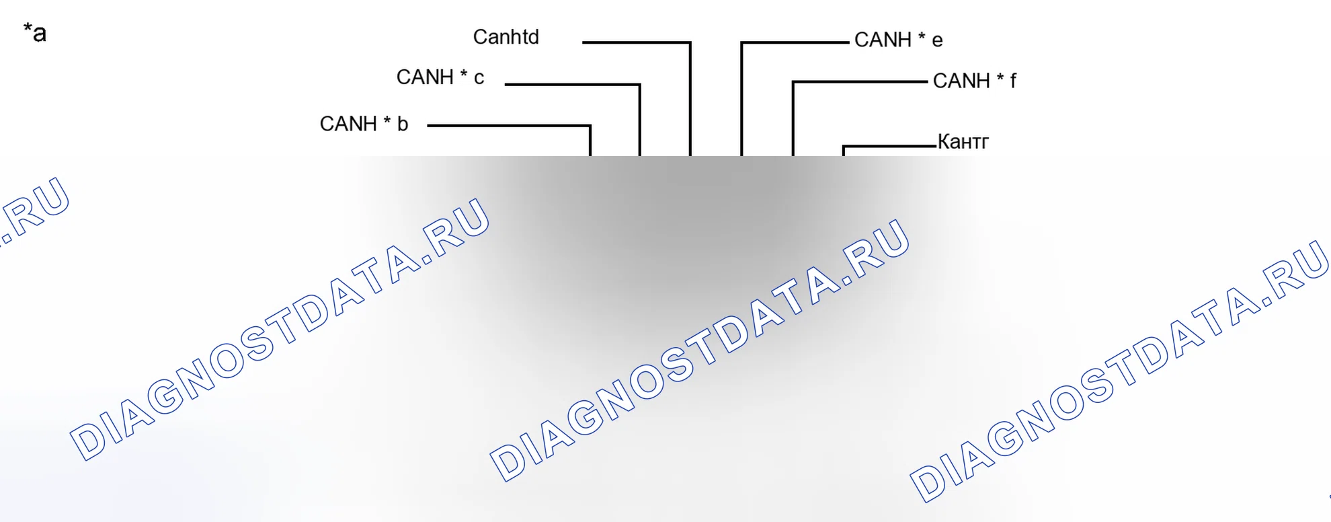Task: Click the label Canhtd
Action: pyautogui.click(x=506, y=36)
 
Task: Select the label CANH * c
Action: pyautogui.click(x=440, y=77)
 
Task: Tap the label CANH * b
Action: pyautogui.click(x=364, y=124)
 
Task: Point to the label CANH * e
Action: pyautogui.click(x=898, y=40)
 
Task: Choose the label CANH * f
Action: pyautogui.click(x=974, y=81)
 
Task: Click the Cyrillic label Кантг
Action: pyautogui.click(x=963, y=141)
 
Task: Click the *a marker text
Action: pyautogui.click(x=34, y=32)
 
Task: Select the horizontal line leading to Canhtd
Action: pyautogui.click(x=636, y=42)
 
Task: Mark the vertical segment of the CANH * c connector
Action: pyautogui.click(x=640, y=120)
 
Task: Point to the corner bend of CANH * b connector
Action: pyautogui.click(x=590, y=126)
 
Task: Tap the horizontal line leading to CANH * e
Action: pyautogui.click(x=795, y=42)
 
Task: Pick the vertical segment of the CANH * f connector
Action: pyautogui.click(x=793, y=118)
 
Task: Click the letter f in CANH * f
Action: pyautogui.click(x=1013, y=81)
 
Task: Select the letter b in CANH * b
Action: pyautogui.click(x=403, y=124)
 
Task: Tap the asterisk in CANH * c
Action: pyautogui.click(x=464, y=73)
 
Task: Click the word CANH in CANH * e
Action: pyautogui.click(x=883, y=40)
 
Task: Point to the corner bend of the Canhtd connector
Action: pyautogui.click(x=690, y=42)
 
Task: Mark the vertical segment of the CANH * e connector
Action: pyautogui.click(x=741, y=99)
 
